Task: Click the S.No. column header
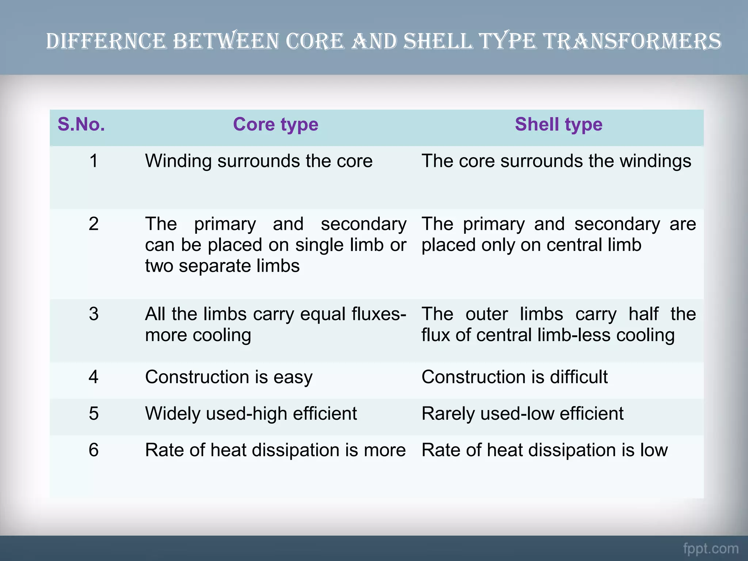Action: click(81, 125)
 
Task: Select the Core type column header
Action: click(275, 125)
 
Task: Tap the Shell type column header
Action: click(558, 125)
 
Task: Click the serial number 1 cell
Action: click(93, 161)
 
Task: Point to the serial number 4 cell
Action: click(93, 377)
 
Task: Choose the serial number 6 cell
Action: click(93, 450)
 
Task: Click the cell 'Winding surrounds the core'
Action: click(259, 161)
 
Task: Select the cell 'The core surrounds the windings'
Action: click(556, 161)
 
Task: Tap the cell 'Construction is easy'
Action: click(229, 377)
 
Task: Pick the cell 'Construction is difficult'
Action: click(514, 377)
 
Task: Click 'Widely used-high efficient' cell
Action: click(251, 413)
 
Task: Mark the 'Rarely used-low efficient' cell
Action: click(522, 413)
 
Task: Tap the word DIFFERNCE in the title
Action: click(106, 41)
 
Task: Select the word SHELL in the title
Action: click(438, 41)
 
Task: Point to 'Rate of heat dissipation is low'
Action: click(544, 450)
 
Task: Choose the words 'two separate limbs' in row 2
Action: click(222, 266)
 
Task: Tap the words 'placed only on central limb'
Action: click(531, 245)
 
